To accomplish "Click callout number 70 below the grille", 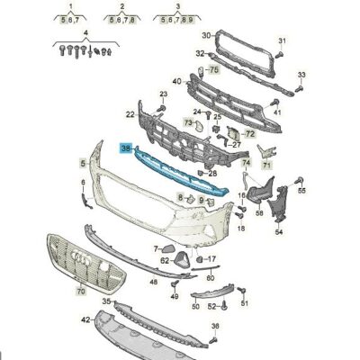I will [56, 292].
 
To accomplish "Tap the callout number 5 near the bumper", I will [83, 164].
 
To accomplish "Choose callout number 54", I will [278, 231].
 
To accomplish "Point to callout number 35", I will [105, 301].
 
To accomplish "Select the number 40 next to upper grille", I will [177, 82].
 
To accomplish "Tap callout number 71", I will [266, 166].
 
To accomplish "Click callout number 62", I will [165, 260].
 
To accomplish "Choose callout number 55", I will [301, 192].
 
